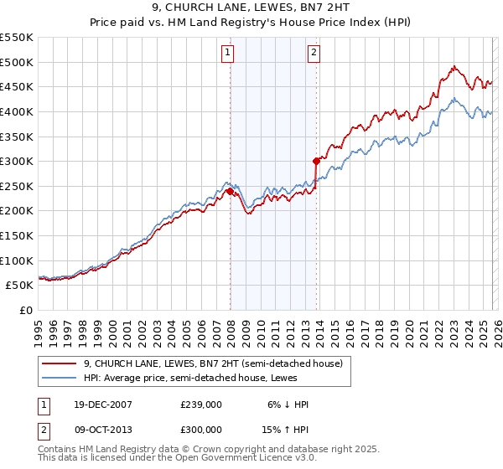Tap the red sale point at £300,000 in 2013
pyautogui.click(x=316, y=161)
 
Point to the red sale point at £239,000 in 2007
pyautogui.click(x=230, y=191)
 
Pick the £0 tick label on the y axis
pyautogui.click(x=25, y=310)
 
